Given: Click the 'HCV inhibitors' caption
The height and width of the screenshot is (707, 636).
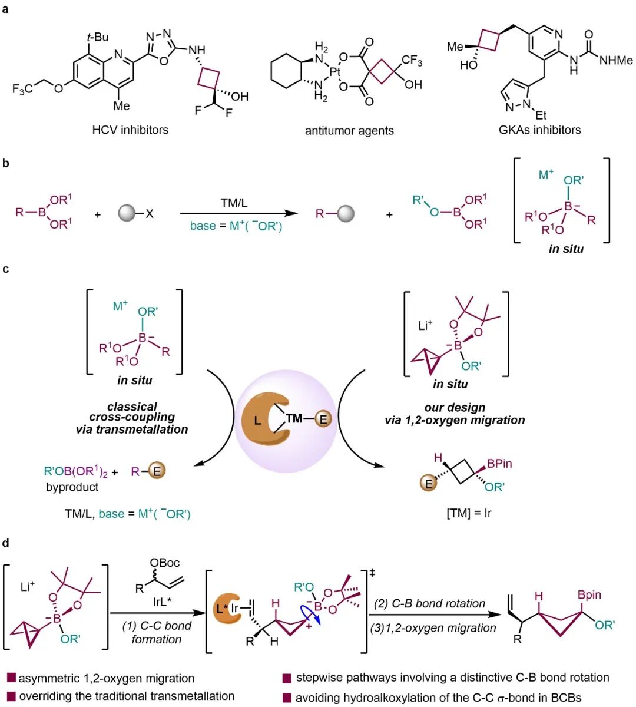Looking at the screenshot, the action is pyautogui.click(x=130, y=130).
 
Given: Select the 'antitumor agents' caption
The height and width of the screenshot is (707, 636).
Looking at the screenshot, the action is pyautogui.click(x=349, y=131).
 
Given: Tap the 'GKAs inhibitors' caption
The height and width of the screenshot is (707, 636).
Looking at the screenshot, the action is pyautogui.click(x=539, y=130).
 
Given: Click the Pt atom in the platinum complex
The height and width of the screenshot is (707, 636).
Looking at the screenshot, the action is pyautogui.click(x=334, y=72).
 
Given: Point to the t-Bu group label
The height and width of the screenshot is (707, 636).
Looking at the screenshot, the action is pyautogui.click(x=98, y=37).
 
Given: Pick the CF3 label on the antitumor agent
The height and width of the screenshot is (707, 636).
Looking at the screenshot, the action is pyautogui.click(x=412, y=61).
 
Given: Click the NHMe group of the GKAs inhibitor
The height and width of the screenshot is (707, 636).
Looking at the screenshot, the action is pyautogui.click(x=616, y=61).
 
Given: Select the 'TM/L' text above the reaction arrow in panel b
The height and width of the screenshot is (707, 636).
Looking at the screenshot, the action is pyautogui.click(x=234, y=203).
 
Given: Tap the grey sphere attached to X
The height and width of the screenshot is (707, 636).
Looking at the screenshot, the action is pyautogui.click(x=127, y=213).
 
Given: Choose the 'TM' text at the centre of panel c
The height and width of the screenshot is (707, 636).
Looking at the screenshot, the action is pyautogui.click(x=294, y=419).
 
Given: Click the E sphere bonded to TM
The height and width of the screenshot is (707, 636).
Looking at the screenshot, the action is pyautogui.click(x=323, y=419).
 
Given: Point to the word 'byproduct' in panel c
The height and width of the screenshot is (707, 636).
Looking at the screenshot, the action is pyautogui.click(x=72, y=487).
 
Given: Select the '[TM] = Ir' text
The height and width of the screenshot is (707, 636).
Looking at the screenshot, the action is pyautogui.click(x=469, y=514).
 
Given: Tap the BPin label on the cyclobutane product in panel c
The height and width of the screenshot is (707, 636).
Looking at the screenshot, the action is pyautogui.click(x=499, y=464).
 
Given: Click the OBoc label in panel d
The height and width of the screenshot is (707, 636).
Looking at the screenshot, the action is pyautogui.click(x=164, y=563).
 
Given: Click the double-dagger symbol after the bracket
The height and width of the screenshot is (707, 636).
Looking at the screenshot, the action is pyautogui.click(x=372, y=574).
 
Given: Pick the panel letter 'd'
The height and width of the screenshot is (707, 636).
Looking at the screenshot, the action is pyautogui.click(x=6, y=543).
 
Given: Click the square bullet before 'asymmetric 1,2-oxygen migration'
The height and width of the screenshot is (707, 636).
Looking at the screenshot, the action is pyautogui.click(x=11, y=678).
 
